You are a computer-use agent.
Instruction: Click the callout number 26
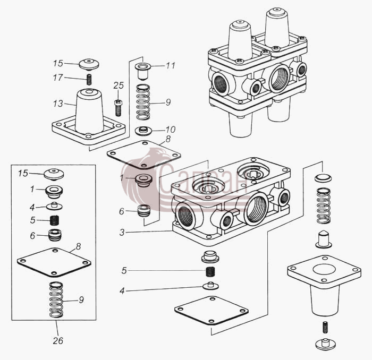coord(58,340)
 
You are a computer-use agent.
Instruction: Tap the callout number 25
coord(119,85)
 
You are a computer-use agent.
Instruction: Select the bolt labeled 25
coord(118,108)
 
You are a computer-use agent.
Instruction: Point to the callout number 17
coord(58,78)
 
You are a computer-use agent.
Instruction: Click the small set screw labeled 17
coord(89,80)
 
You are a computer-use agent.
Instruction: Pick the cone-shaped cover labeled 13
coord(89,116)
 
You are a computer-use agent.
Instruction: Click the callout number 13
coord(58,104)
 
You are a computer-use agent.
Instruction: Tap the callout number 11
coord(171,65)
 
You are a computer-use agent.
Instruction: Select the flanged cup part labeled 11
coord(142,71)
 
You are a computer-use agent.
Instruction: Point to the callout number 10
coord(171,130)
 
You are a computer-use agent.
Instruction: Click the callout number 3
coord(122,233)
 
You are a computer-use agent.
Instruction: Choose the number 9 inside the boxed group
coord(81,300)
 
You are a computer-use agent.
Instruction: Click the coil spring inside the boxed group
coord(56,299)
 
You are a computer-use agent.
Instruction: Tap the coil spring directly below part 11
coord(143,102)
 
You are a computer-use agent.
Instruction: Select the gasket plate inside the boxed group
coord(54,262)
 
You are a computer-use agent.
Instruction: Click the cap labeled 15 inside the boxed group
coord(54,175)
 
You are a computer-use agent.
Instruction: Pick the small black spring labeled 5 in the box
coord(55,220)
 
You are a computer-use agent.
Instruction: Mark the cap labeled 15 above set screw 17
coord(89,64)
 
